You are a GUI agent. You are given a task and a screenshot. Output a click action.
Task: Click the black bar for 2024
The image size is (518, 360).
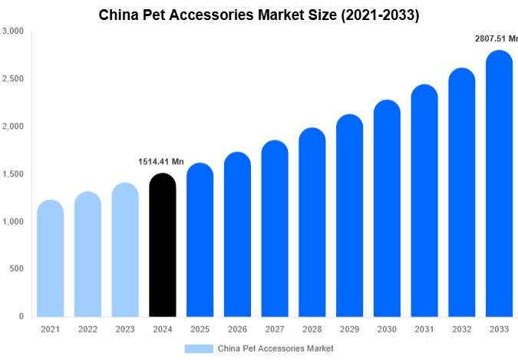point(162,246)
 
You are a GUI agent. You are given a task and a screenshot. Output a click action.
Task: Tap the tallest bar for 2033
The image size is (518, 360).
point(500,184)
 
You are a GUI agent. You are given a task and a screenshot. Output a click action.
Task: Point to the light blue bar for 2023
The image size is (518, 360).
point(125,250)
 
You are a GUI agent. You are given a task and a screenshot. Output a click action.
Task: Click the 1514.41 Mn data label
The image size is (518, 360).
point(161,162)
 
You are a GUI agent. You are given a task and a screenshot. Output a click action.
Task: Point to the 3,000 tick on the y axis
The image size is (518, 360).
point(13,31)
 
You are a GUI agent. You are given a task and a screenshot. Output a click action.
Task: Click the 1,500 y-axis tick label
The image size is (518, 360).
point(13,174)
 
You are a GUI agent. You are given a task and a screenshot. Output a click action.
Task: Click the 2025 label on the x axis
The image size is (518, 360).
point(200,329)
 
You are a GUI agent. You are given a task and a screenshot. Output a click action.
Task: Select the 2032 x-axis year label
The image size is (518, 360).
point(462,329)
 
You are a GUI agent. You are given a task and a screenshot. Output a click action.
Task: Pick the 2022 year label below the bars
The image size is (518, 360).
point(87,329)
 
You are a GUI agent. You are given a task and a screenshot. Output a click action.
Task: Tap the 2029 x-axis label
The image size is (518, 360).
point(349,329)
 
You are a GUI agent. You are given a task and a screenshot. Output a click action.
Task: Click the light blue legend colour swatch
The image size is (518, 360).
point(198,348)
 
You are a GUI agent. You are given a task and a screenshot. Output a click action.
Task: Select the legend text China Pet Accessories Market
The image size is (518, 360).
point(275,348)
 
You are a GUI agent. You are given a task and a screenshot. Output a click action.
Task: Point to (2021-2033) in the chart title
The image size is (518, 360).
point(375,15)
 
